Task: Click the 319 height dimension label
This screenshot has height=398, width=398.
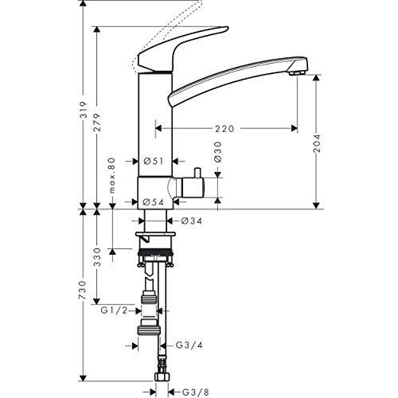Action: click(84, 109)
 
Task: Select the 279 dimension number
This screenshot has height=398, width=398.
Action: click(97, 123)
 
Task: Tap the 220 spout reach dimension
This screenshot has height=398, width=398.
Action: click(224, 129)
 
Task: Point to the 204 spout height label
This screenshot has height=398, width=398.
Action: click(317, 143)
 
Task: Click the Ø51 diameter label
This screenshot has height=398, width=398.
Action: click(153, 161)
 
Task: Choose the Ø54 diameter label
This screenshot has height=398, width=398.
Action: click(153, 202)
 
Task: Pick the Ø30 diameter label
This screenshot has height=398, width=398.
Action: click(217, 151)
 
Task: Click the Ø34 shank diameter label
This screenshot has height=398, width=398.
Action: click(192, 220)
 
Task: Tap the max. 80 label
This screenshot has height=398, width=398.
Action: click(112, 175)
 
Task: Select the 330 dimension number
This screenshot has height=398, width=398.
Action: click(97, 257)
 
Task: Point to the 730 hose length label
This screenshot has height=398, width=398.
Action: click(84, 291)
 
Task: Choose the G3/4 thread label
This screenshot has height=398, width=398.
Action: click(189, 345)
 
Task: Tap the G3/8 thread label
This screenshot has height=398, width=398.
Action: click(196, 392)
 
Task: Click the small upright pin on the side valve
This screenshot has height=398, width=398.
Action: click(197, 173)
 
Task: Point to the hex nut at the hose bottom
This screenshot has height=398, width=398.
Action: click(162, 377)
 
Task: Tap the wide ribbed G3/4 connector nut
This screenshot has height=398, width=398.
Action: click(149, 330)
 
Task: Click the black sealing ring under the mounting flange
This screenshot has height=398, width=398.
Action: click(155, 252)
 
